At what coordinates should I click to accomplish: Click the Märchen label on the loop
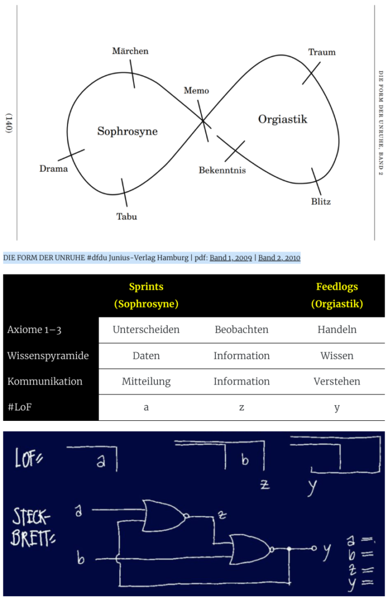tap(130, 51)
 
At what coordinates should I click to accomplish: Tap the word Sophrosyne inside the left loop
tap(127, 131)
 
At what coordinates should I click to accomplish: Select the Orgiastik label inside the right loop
tap(282, 119)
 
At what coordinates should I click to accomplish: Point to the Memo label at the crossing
tap(196, 90)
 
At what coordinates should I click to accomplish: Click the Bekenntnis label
tap(222, 170)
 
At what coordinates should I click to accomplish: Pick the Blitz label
tap(321, 201)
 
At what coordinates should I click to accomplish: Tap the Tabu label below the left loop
tap(127, 216)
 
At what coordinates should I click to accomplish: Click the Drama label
tap(53, 169)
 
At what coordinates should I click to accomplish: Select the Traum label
tap(322, 52)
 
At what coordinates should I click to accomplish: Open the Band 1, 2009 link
tap(231, 257)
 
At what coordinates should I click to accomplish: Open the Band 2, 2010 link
tap(279, 257)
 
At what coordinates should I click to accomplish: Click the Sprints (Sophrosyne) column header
tap(146, 295)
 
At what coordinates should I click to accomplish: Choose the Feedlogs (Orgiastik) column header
tap(337, 295)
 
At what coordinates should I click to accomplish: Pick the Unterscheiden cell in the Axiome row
tap(146, 329)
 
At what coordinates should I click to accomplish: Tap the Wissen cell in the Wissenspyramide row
tap(337, 356)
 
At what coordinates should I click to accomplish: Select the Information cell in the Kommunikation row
tap(241, 381)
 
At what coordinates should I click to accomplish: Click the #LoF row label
tap(19, 407)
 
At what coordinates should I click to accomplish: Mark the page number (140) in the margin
tap(8, 123)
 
